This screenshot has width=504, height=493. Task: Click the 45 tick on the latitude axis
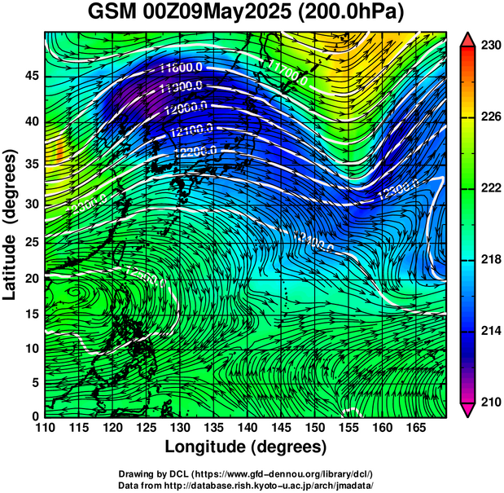point(32,75)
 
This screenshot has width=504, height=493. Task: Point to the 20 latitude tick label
point(32,278)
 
